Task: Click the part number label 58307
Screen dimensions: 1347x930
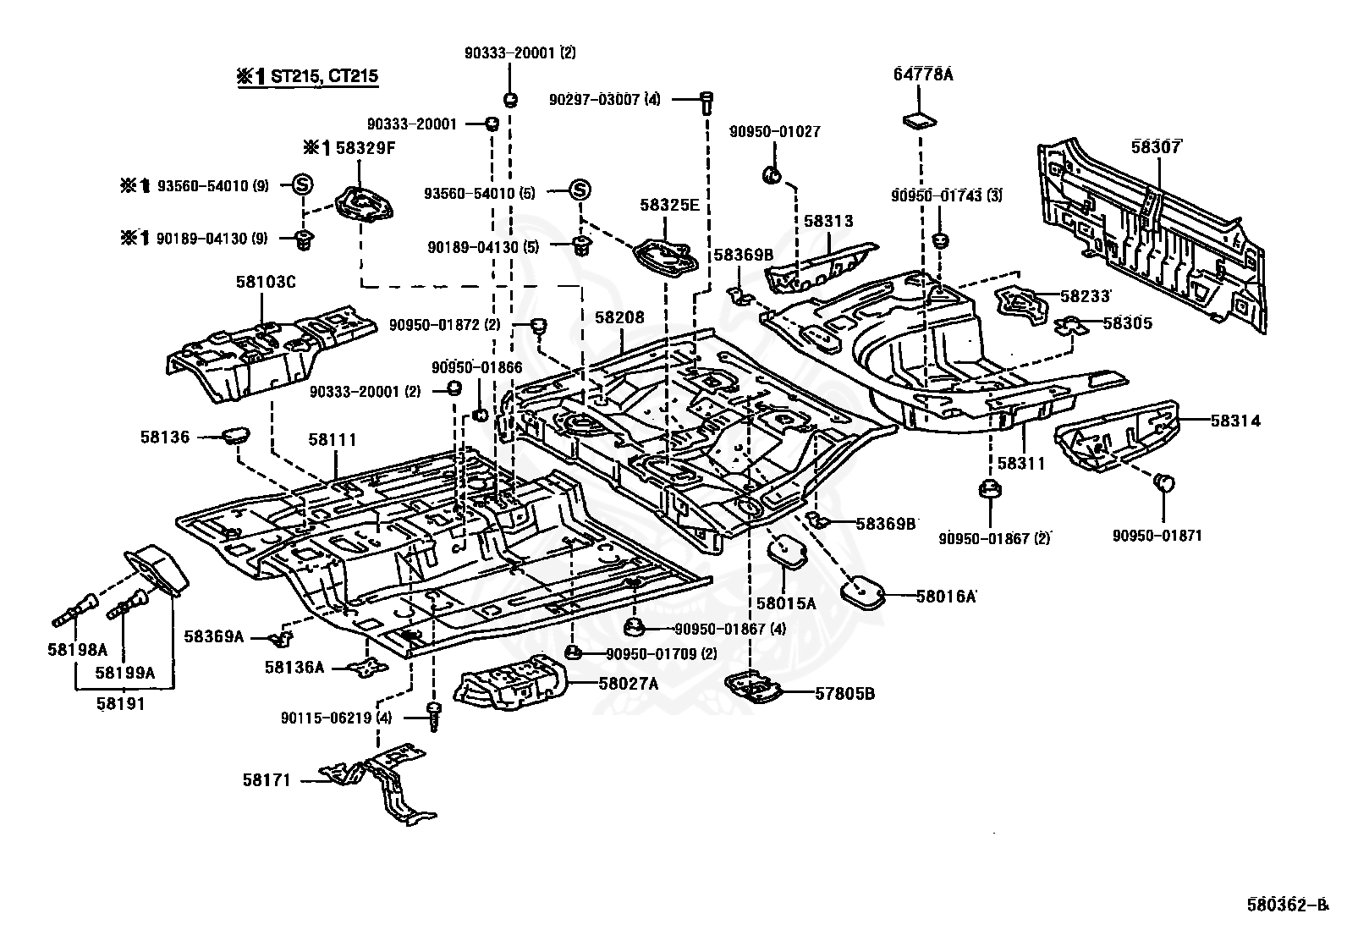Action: tap(1156, 146)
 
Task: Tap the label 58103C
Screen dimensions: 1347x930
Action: tap(265, 282)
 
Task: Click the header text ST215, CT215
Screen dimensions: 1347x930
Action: tap(324, 76)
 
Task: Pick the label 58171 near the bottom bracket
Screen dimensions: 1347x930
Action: tap(267, 779)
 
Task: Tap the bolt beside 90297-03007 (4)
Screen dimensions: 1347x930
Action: tap(707, 103)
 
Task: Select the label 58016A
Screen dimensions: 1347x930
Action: tap(945, 596)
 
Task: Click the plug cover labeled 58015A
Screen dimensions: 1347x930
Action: tap(789, 550)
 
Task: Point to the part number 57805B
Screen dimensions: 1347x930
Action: tap(845, 694)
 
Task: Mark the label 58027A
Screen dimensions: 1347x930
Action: tap(629, 684)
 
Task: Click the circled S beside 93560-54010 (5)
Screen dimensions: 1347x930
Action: tap(579, 190)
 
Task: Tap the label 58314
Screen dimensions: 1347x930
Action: tap(1235, 421)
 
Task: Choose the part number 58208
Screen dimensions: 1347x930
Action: tap(619, 317)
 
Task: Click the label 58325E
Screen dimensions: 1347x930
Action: tap(669, 205)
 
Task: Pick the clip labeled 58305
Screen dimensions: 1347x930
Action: tap(1070, 326)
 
